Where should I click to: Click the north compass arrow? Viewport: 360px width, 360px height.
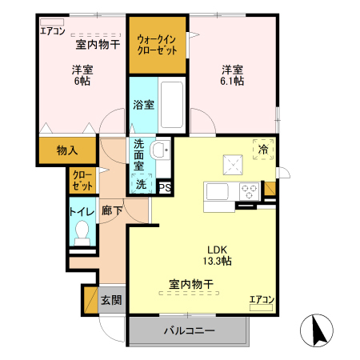[314, 330]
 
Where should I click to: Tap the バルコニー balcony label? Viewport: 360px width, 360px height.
[189, 330]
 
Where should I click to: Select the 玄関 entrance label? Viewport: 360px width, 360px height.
[111, 301]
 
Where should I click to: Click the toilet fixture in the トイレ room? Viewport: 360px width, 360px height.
[81, 233]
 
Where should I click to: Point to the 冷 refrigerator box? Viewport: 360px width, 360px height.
[262, 150]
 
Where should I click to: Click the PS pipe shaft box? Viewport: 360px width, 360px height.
[165, 188]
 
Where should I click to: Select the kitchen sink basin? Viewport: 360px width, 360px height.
[218, 193]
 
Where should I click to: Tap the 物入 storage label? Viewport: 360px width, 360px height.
[67, 150]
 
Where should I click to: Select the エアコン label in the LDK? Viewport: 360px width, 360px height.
[261, 300]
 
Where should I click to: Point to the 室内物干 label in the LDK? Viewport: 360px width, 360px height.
[190, 283]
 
